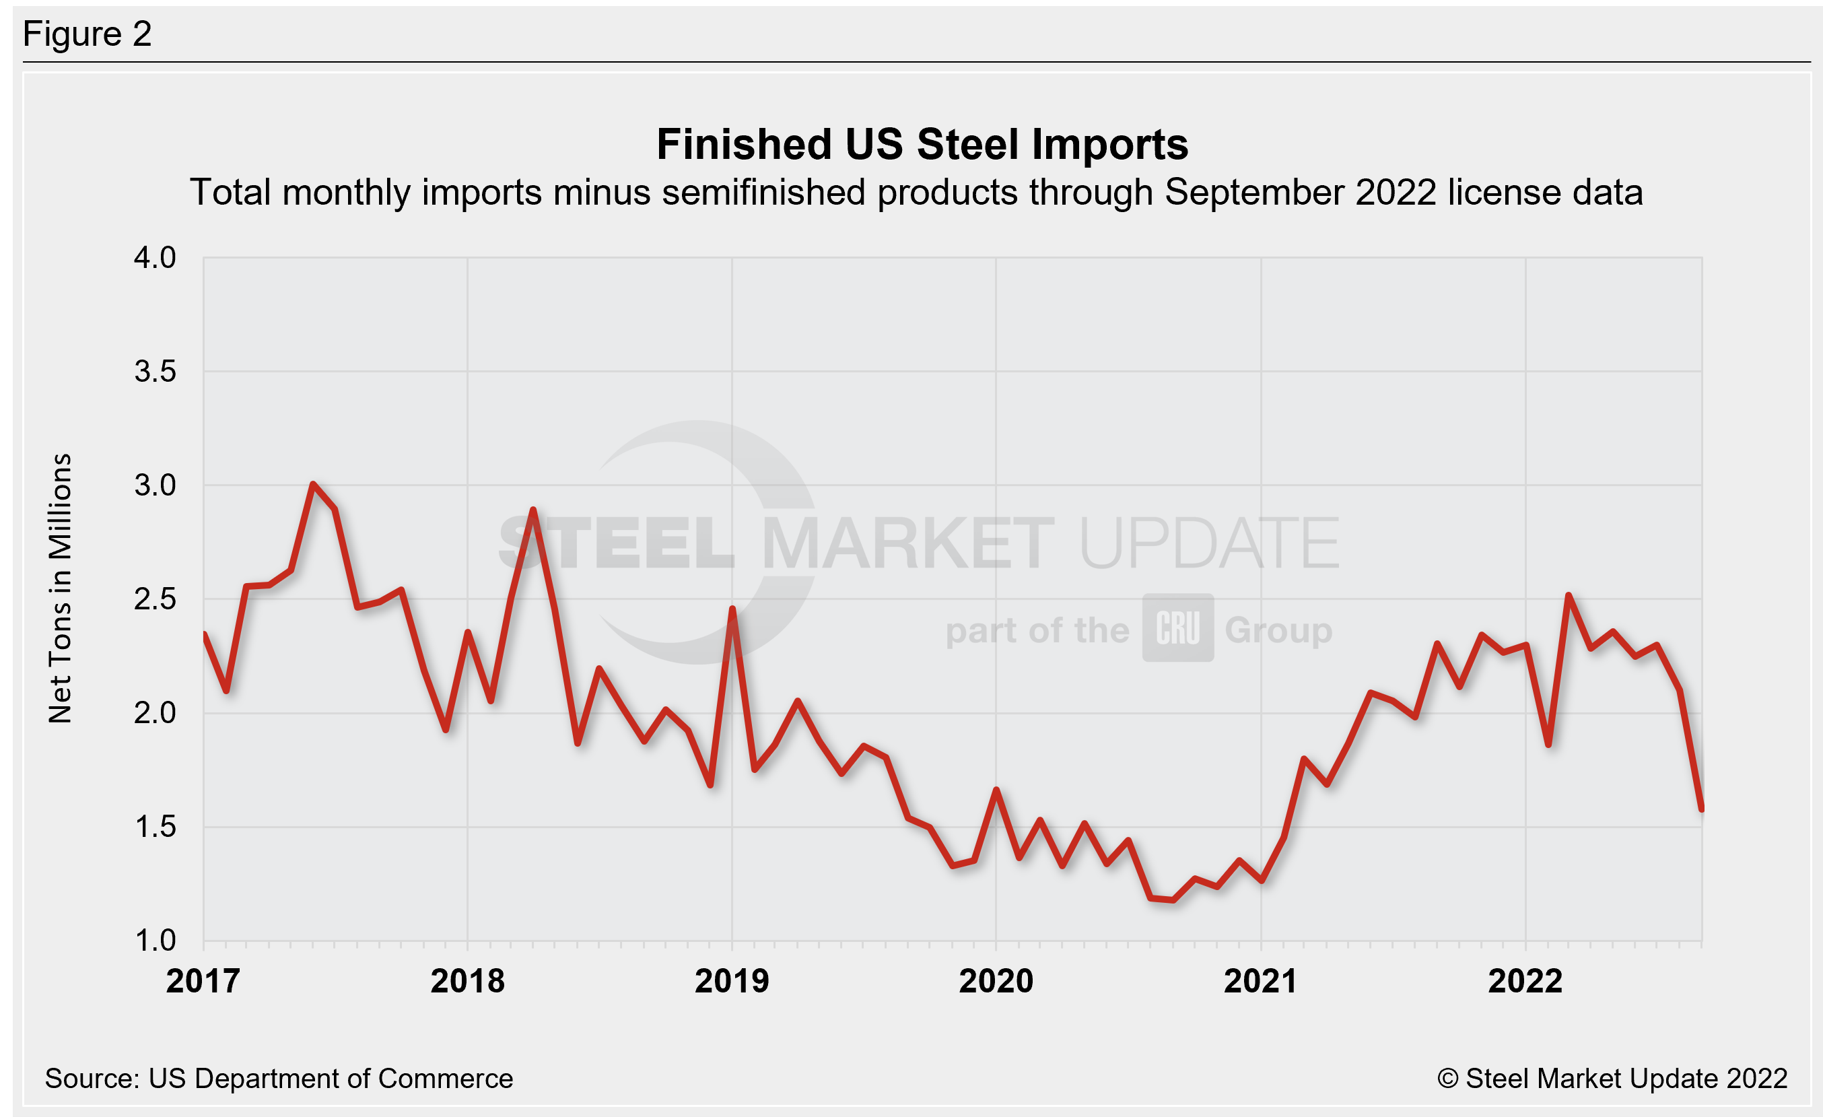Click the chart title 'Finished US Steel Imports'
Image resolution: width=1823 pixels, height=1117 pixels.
922,144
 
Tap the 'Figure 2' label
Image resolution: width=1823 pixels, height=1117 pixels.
88,34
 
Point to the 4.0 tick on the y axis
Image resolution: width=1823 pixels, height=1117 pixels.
155,257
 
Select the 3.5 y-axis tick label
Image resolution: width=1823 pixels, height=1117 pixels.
155,372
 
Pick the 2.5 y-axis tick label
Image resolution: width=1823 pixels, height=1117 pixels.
155,599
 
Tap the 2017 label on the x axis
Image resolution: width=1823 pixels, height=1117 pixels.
203,981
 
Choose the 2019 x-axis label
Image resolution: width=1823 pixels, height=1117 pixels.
732,981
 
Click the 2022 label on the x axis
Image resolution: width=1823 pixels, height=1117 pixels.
1525,981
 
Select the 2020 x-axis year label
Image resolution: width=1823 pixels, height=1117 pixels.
996,981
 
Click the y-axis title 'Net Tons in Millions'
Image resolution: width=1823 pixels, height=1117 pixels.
60,588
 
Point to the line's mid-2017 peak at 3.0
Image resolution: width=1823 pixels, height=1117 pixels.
313,485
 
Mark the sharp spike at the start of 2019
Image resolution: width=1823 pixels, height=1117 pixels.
732,609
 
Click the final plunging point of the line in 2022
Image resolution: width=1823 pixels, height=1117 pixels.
1702,809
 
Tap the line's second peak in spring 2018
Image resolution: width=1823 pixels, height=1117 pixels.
533,510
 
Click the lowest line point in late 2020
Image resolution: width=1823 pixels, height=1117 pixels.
1173,900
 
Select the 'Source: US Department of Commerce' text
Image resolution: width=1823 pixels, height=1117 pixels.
278,1079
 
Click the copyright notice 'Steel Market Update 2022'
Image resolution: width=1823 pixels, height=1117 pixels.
1613,1079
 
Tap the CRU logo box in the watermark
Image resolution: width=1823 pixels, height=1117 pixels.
1178,628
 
